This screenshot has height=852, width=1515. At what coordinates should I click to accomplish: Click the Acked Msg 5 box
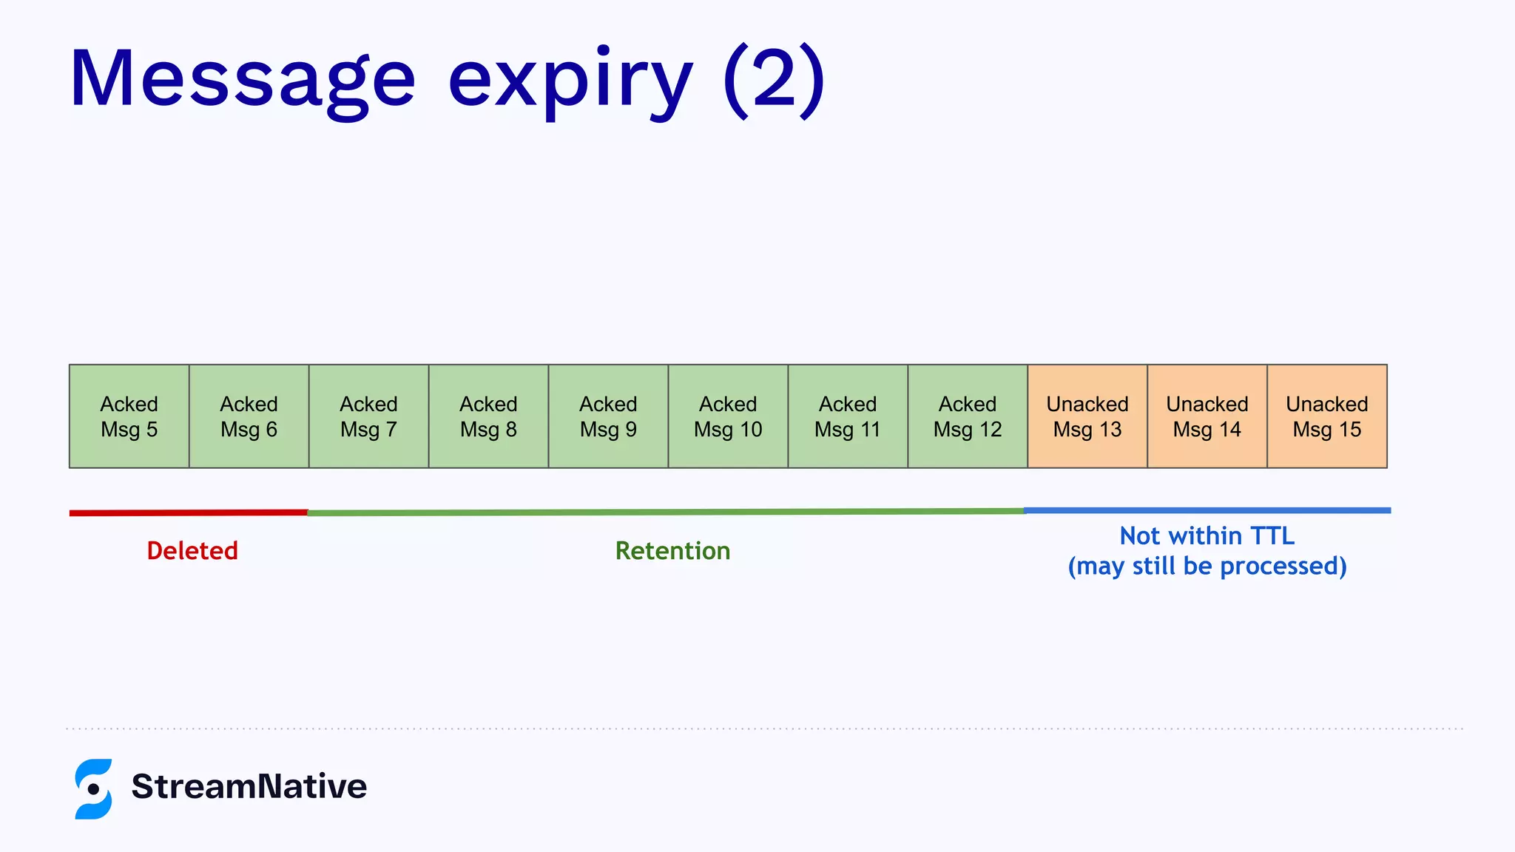tap(129, 416)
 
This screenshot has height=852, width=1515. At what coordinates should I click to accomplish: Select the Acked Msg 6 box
tap(249, 416)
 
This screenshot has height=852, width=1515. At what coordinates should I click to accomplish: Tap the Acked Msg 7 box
tap(369, 416)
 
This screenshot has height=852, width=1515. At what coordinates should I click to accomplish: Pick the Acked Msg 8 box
tap(489, 416)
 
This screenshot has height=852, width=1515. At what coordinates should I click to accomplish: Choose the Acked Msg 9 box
tap(609, 416)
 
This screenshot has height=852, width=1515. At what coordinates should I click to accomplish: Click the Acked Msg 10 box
tap(729, 416)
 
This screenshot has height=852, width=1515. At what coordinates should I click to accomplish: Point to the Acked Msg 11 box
tap(848, 416)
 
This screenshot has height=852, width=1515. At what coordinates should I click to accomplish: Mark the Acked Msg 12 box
tap(968, 416)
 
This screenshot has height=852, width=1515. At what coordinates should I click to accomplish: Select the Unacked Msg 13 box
tap(1087, 416)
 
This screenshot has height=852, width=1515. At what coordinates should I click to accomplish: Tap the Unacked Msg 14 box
tap(1207, 416)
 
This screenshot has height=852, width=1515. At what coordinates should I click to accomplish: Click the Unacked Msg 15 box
tap(1327, 416)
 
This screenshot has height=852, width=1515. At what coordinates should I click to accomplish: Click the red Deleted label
tap(192, 551)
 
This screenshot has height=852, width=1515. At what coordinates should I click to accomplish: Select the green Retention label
tap(672, 551)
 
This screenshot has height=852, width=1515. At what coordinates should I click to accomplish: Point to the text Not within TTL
tap(1207, 535)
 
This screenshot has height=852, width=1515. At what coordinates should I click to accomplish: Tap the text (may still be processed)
tap(1207, 567)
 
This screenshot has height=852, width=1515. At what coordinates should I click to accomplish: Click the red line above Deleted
tap(189, 513)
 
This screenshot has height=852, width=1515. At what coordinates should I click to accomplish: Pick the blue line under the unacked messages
tap(1207, 510)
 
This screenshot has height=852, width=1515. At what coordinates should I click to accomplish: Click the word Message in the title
tap(243, 80)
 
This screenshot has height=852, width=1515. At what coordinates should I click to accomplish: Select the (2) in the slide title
tap(774, 78)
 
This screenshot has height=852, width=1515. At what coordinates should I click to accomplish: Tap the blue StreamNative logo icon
tap(93, 788)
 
